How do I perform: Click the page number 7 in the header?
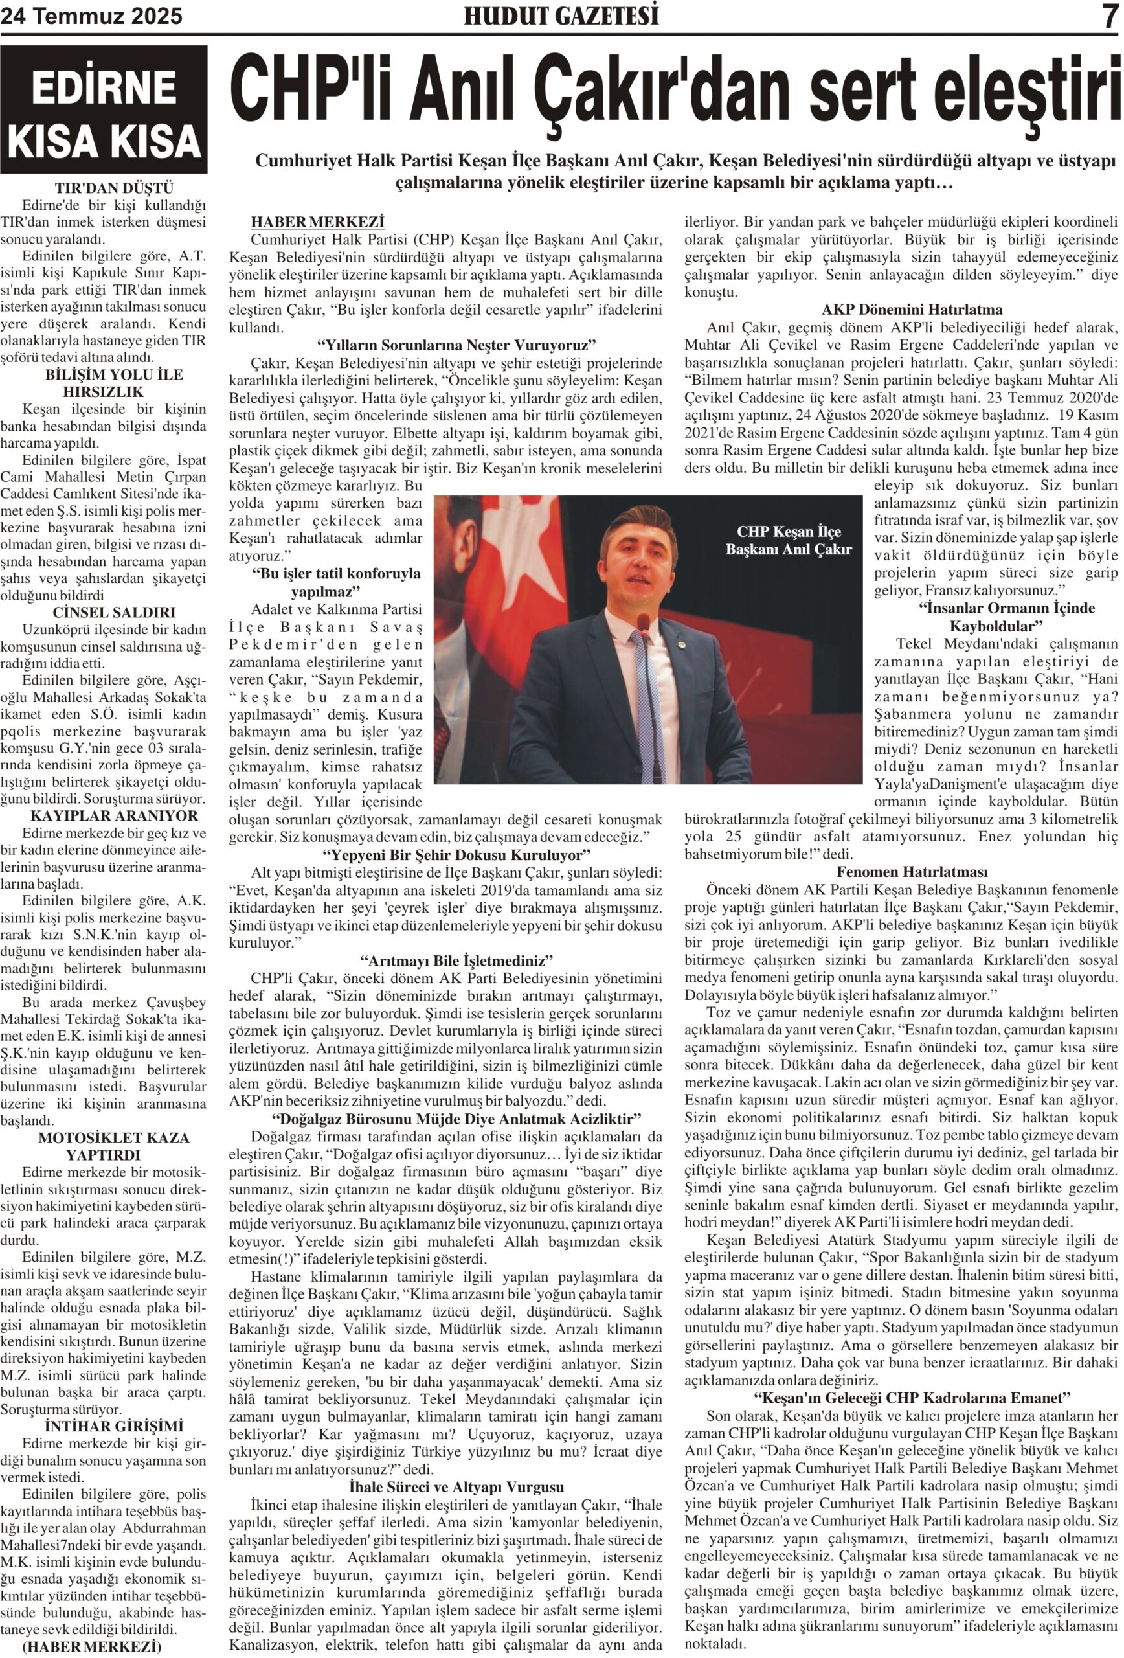pos(1109,16)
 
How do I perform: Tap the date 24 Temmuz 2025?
pos(91,16)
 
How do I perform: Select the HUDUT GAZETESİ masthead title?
pos(561,16)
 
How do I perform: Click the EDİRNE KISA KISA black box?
pos(104,110)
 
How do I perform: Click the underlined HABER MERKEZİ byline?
pos(317,223)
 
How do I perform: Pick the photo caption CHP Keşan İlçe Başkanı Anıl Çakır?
pos(788,540)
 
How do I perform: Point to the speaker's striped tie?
pos(647,707)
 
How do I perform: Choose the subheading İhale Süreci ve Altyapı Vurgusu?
pos(456,1487)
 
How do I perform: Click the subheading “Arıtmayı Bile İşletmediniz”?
pos(456,960)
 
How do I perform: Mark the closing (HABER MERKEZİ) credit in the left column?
pos(92,1646)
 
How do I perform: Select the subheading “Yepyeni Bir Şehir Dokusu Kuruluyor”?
pos(456,855)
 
